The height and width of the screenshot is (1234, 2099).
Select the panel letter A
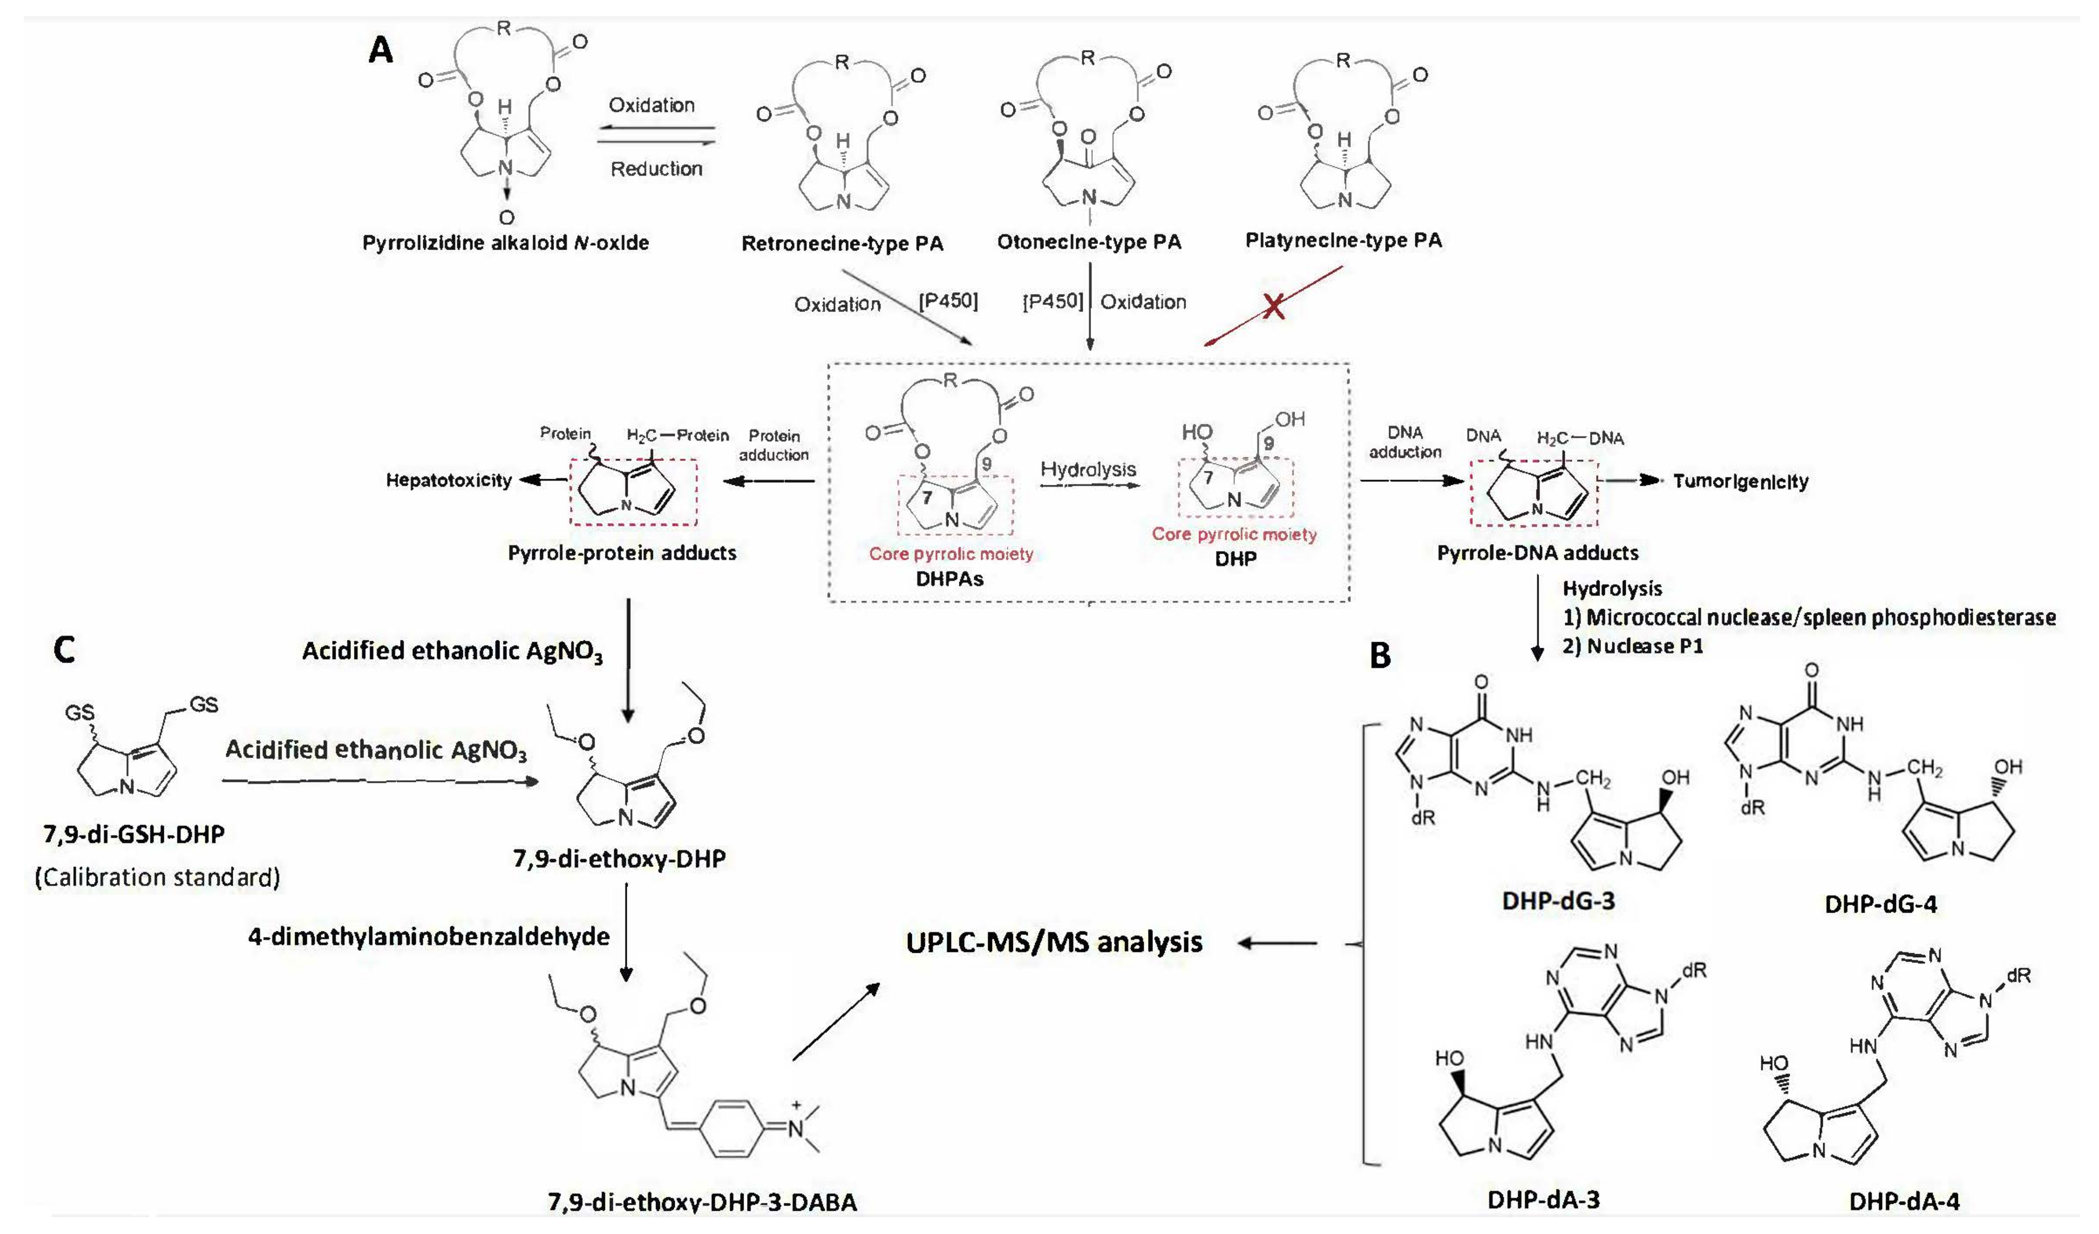click(x=381, y=51)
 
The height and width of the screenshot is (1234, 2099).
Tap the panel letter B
click(x=1380, y=656)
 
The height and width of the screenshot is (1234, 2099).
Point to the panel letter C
click(x=64, y=650)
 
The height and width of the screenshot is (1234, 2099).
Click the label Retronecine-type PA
click(x=842, y=243)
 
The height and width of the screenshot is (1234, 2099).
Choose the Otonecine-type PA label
click(x=1089, y=242)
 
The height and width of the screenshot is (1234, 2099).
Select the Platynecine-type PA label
click(x=1343, y=240)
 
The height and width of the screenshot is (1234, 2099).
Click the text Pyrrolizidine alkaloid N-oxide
click(x=505, y=243)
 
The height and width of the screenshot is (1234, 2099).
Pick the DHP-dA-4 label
click(x=1903, y=1201)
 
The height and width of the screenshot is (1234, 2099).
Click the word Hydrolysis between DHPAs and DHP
click(x=1088, y=469)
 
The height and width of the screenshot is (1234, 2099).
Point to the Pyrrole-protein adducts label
click(x=622, y=553)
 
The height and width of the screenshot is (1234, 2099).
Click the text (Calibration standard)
click(x=157, y=877)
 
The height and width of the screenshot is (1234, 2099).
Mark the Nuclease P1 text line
click(x=1633, y=646)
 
